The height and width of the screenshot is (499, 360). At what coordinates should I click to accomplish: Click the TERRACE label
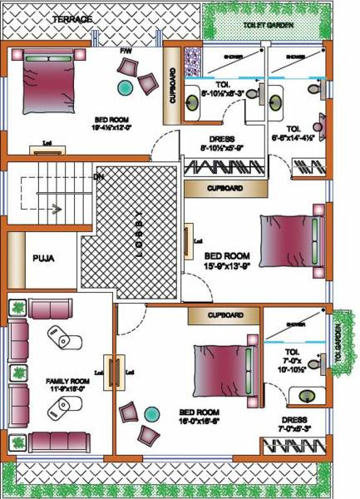pyautogui.click(x=72, y=18)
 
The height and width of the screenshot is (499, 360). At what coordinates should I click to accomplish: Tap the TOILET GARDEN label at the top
pyautogui.click(x=264, y=26)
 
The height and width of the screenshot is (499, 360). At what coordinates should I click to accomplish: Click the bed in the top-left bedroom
pyautogui.click(x=51, y=82)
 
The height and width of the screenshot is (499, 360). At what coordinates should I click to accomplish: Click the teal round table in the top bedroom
pyautogui.click(x=125, y=86)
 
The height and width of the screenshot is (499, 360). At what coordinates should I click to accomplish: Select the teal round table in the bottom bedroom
pyautogui.click(x=150, y=413)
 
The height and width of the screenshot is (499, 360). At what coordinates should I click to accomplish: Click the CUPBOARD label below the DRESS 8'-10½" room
pyautogui.click(x=224, y=189)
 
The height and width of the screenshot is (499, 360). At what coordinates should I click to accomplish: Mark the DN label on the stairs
pyautogui.click(x=98, y=177)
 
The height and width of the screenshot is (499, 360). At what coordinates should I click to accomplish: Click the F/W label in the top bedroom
pyautogui.click(x=126, y=52)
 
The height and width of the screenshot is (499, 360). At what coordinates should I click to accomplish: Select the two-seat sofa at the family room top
pyautogui.click(x=51, y=310)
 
